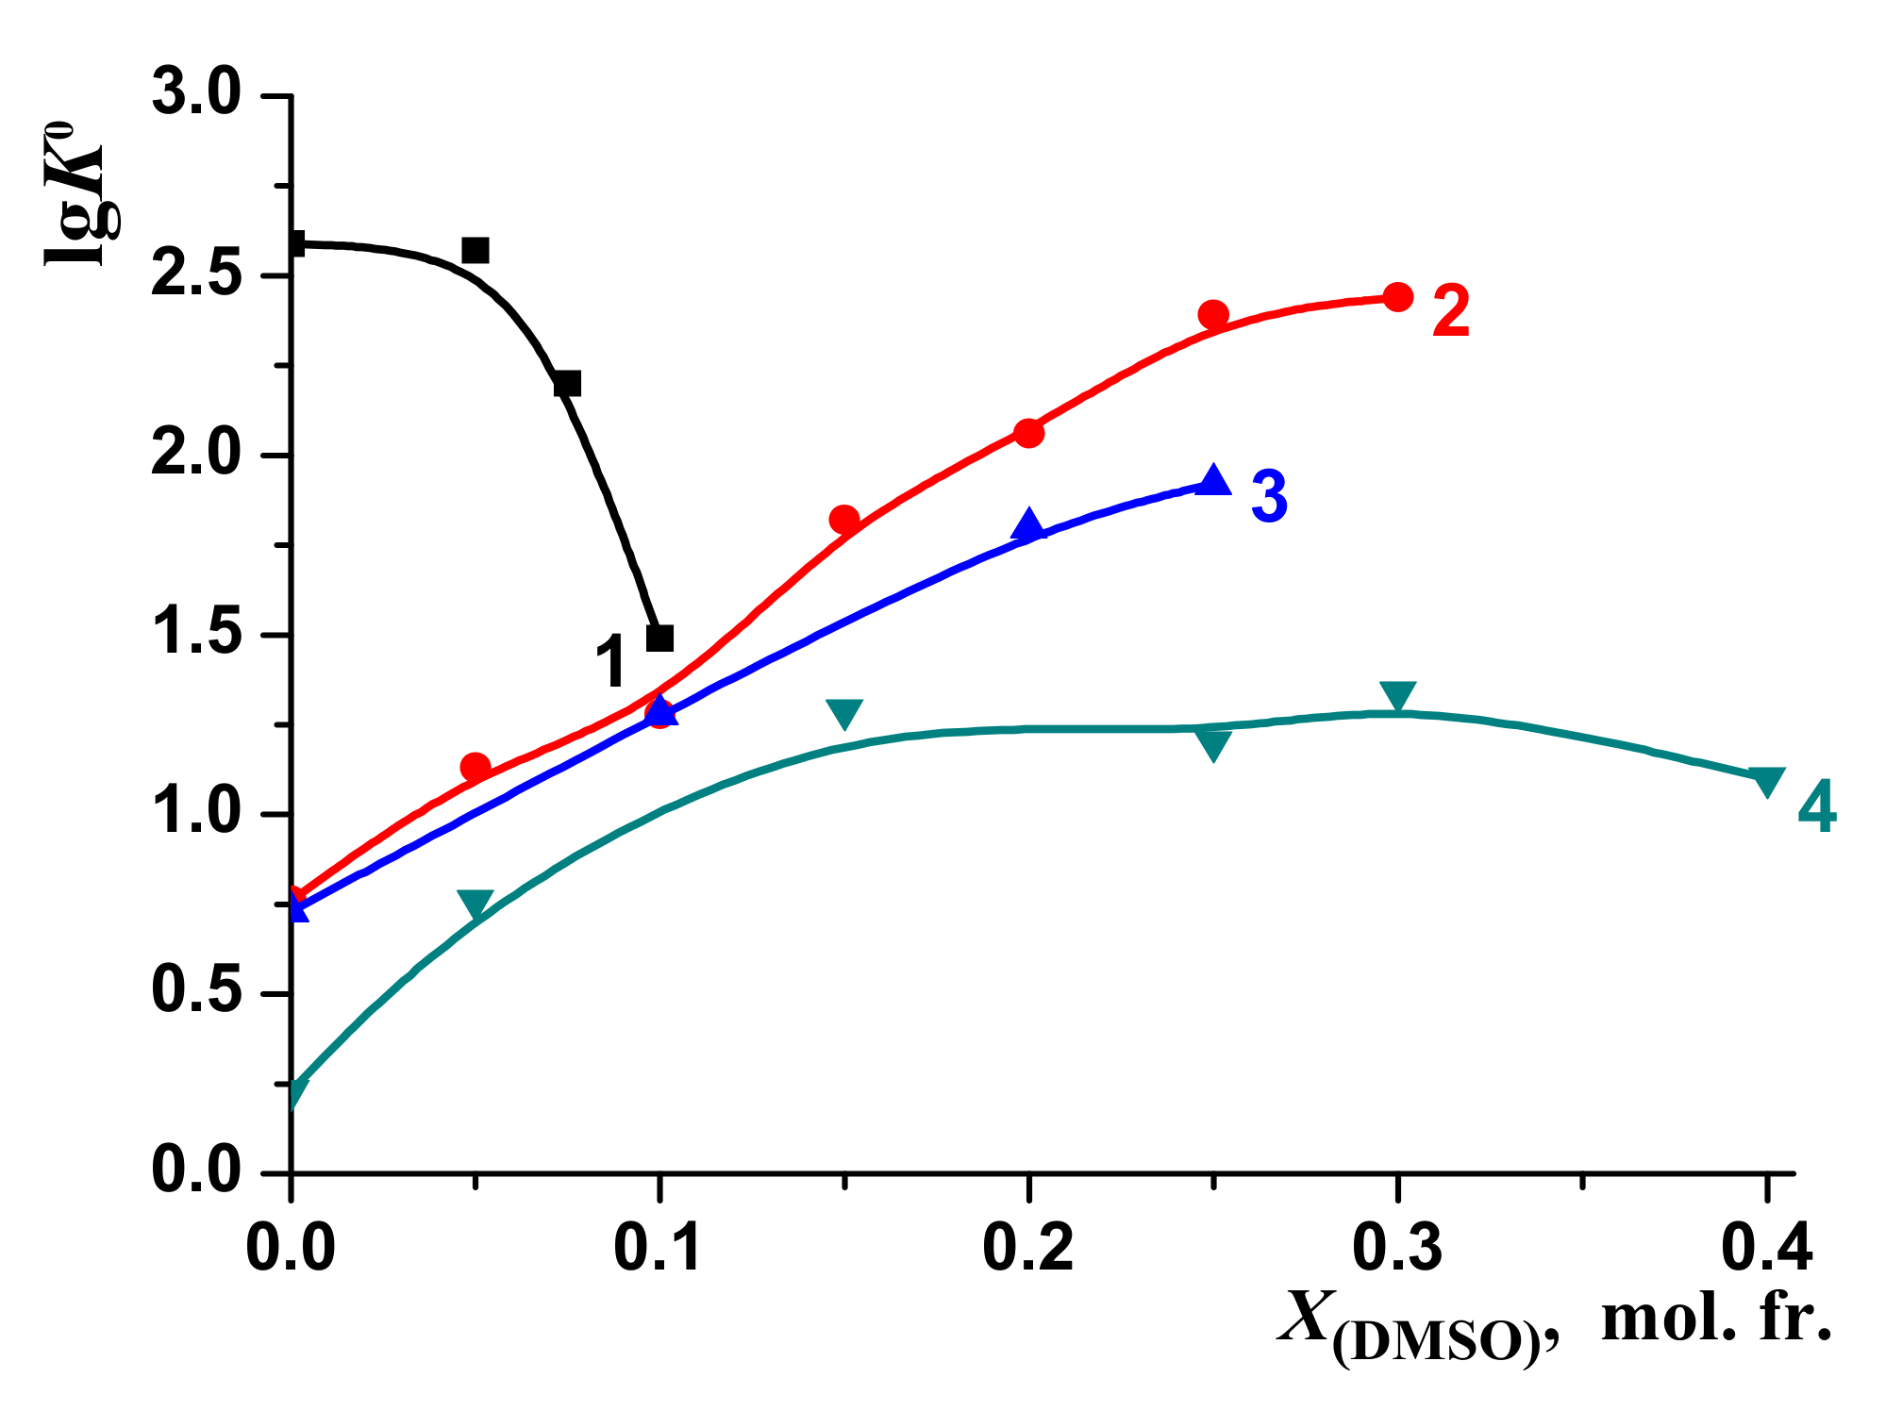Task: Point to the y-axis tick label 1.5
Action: click(x=195, y=635)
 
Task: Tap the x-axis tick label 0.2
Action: click(x=1028, y=1248)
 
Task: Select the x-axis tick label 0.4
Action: click(x=1766, y=1248)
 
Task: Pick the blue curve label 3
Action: click(x=1269, y=496)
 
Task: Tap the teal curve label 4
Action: click(x=1816, y=807)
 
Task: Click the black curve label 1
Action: click(x=612, y=661)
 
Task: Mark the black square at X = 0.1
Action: click(x=660, y=638)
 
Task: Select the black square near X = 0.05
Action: click(x=475, y=250)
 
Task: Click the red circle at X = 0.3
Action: click(x=1397, y=297)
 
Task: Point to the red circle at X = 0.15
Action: click(x=844, y=520)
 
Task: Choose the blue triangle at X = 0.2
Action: click(x=1028, y=525)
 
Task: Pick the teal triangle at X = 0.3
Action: click(x=1397, y=695)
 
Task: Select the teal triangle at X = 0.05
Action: click(x=475, y=904)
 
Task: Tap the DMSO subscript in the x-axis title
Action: click(x=1435, y=1342)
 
